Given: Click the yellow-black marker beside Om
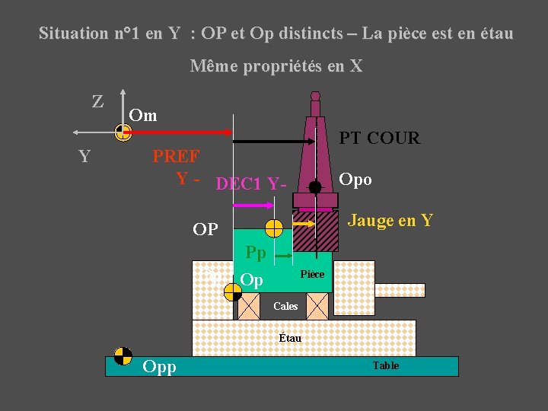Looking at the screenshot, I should pos(123,133).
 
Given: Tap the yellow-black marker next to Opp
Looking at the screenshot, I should pos(123,356).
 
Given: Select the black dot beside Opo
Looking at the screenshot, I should pos(315,186).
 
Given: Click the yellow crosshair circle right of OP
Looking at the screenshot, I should pos(274,228).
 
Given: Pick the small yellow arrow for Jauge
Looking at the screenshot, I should pos(305,223).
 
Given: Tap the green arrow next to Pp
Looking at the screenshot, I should pos(282,257).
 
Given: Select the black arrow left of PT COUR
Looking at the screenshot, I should pos(274,142).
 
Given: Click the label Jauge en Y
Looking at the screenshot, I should pos(390,221).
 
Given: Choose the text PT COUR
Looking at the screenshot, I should pos(379,138).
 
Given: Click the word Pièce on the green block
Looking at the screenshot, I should pos(312,274).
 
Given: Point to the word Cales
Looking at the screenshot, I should pos(285,306).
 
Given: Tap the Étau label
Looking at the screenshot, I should pos(290,337).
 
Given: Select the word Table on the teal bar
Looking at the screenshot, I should pos(385,366).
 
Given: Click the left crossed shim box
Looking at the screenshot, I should pos(248,306).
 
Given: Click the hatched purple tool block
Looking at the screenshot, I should pos(316,231).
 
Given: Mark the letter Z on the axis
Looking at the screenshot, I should pos(98,101).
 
